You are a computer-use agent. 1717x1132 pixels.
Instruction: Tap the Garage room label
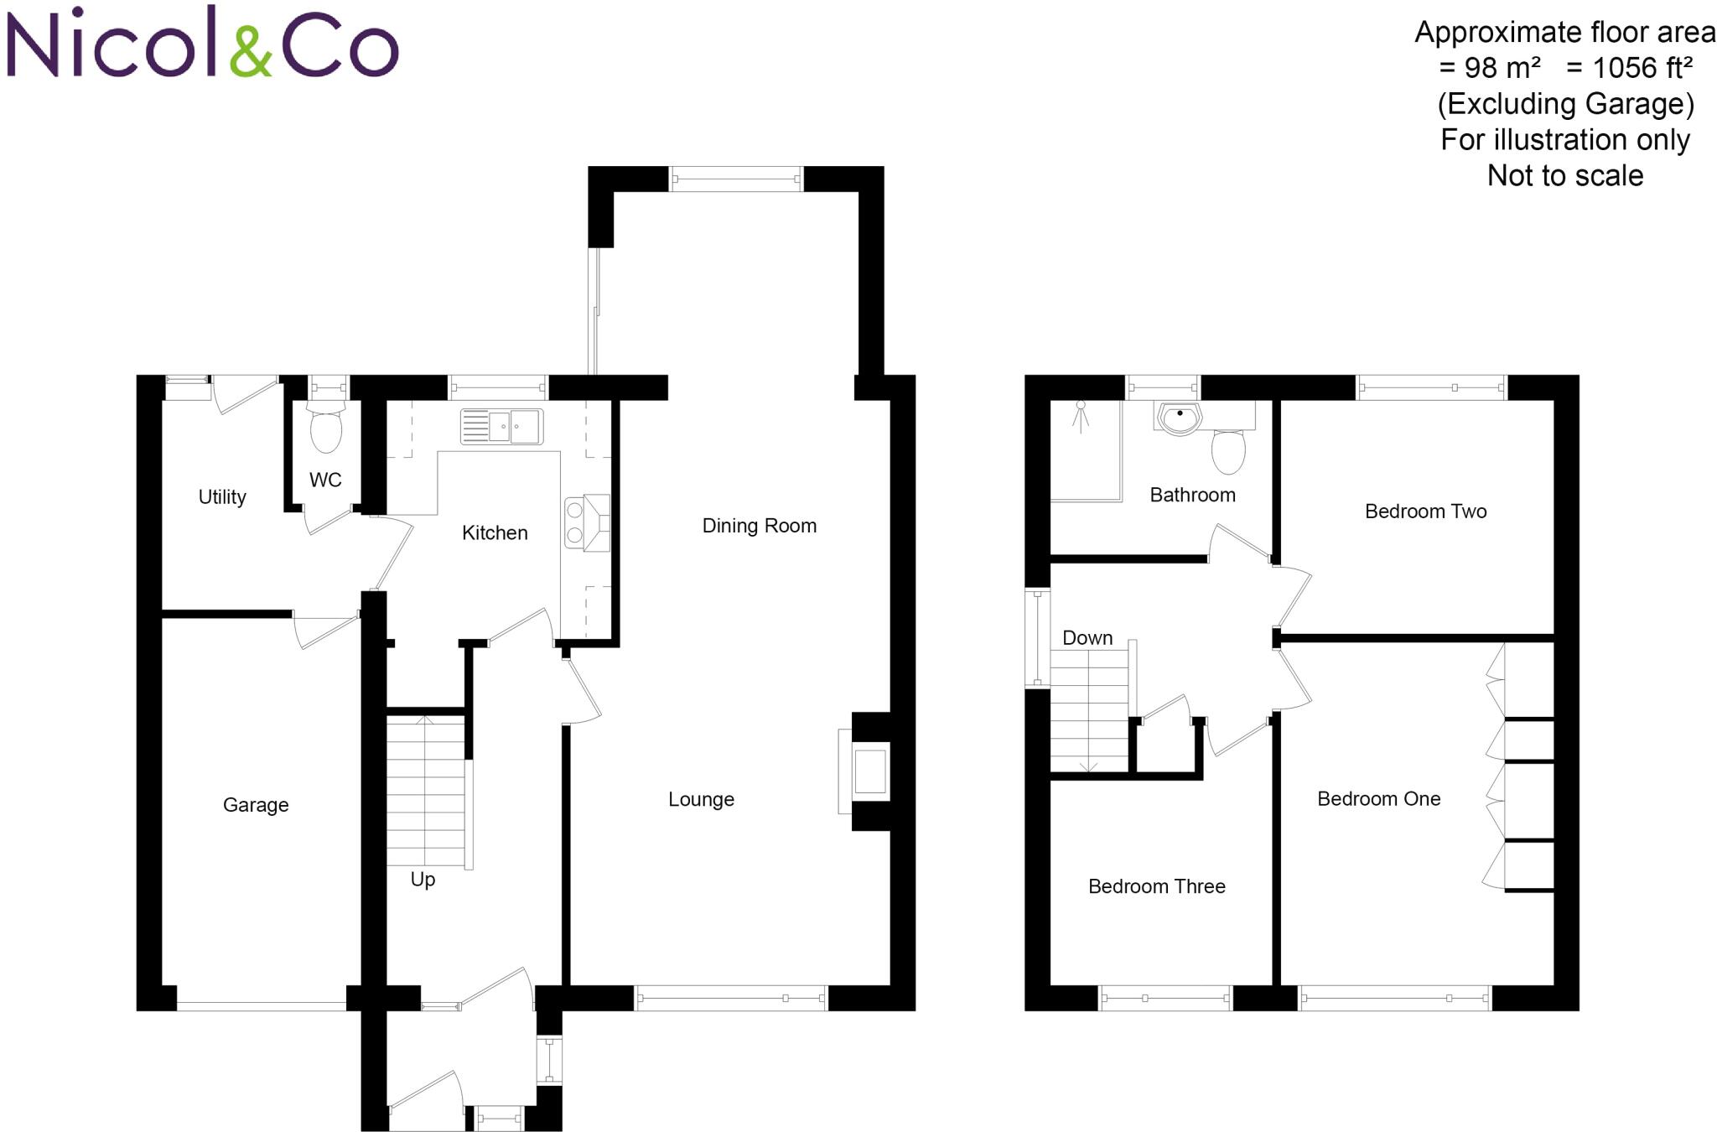point(256,805)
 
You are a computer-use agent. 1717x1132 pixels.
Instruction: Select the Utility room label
point(222,496)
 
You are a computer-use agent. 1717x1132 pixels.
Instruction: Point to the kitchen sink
point(501,427)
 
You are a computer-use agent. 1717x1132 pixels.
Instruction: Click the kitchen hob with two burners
point(575,522)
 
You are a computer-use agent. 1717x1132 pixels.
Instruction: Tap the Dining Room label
point(759,526)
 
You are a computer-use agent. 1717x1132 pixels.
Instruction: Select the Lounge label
point(701,799)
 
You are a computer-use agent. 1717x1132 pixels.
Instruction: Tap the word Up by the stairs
point(423,879)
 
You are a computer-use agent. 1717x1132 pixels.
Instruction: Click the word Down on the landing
point(1087,638)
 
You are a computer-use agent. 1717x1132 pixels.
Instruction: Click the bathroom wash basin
point(1180,418)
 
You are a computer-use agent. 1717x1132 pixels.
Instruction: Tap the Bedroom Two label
point(1425,511)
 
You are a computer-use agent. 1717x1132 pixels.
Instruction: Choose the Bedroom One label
point(1378,799)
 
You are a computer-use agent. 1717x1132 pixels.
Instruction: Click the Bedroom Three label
point(1156,886)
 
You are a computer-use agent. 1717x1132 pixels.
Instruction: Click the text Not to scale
point(1564,176)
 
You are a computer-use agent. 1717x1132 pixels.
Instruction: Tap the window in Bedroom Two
point(1432,387)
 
